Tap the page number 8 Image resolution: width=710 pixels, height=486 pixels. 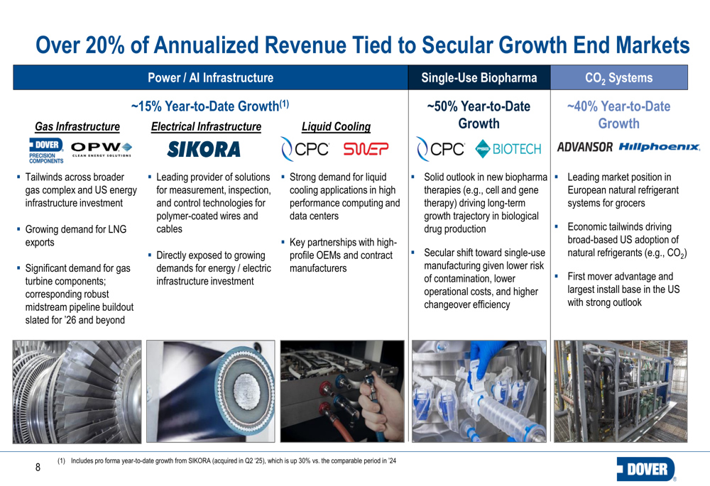[38, 468]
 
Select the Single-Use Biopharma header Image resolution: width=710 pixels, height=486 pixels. [479, 77]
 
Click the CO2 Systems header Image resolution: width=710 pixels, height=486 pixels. [618, 77]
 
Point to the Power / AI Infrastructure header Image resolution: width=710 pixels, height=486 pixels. [210, 77]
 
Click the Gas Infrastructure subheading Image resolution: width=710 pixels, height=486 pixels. [77, 127]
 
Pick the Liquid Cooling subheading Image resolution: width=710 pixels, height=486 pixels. [336, 127]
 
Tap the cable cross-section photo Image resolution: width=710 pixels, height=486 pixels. [209, 391]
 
